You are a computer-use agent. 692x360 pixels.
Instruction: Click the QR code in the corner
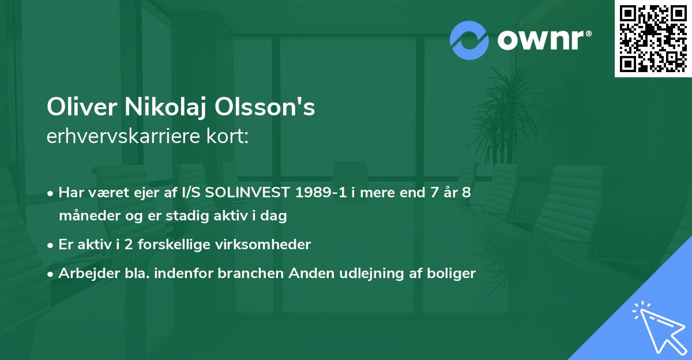(653, 38)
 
